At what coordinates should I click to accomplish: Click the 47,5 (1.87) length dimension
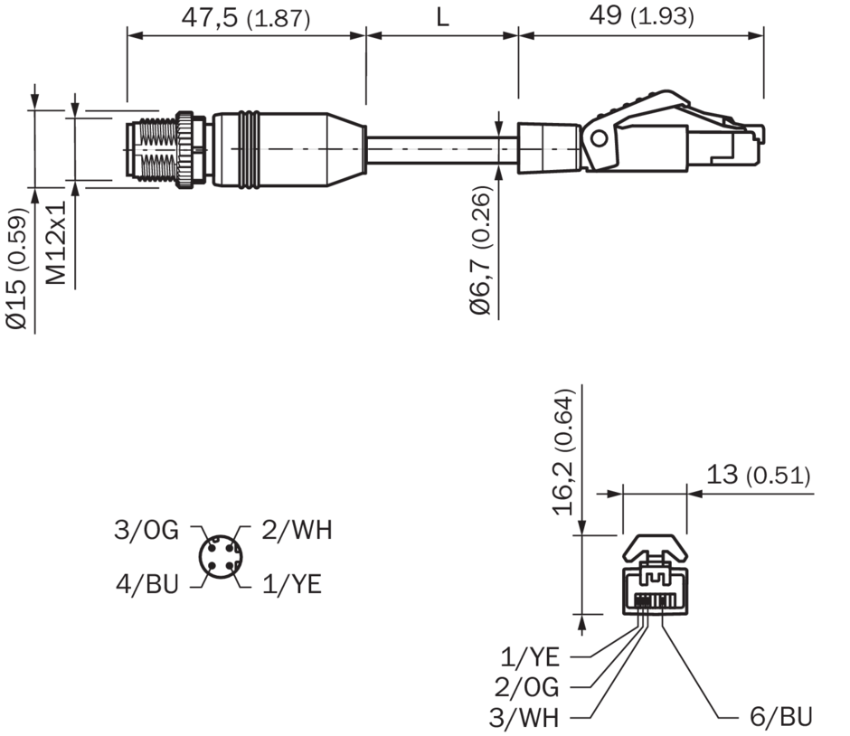[246, 17]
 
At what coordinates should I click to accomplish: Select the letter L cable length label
[442, 17]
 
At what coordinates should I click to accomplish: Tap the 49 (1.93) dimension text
[641, 15]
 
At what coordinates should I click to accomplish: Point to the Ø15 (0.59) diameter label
[16, 269]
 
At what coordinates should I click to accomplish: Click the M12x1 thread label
[56, 243]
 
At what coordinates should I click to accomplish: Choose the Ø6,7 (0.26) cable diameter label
[480, 250]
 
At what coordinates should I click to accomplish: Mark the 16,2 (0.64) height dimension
[562, 451]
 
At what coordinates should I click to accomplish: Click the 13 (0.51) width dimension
[758, 475]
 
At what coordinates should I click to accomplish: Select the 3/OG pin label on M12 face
[146, 530]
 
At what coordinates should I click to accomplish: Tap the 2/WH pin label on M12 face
[297, 530]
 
